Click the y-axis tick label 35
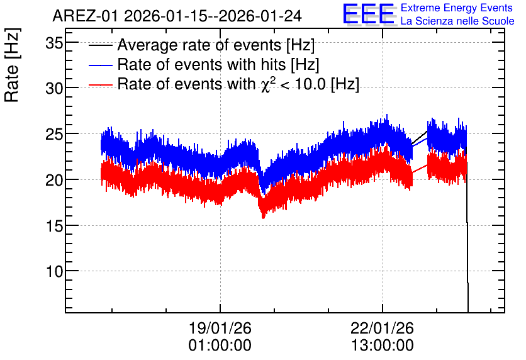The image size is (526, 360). coord(54,43)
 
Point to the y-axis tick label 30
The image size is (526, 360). coord(54,89)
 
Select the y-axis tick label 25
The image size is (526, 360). coord(54,135)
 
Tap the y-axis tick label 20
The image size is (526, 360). coord(54,180)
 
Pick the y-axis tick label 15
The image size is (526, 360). coord(54,226)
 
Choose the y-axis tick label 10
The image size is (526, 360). coord(54,271)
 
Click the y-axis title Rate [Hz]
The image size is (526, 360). coord(13,65)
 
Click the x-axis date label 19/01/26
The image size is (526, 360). coord(220,328)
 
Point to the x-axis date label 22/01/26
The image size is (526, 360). coord(382,328)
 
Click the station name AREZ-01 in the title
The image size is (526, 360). coord(86,16)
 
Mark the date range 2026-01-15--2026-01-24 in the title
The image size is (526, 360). coord(213,16)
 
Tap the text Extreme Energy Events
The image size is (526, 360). coord(457,8)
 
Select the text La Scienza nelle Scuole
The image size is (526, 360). coord(457,21)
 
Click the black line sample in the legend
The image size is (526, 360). coord(101,45)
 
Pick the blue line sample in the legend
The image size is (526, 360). coord(101,65)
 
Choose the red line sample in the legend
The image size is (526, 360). coord(101,84)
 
